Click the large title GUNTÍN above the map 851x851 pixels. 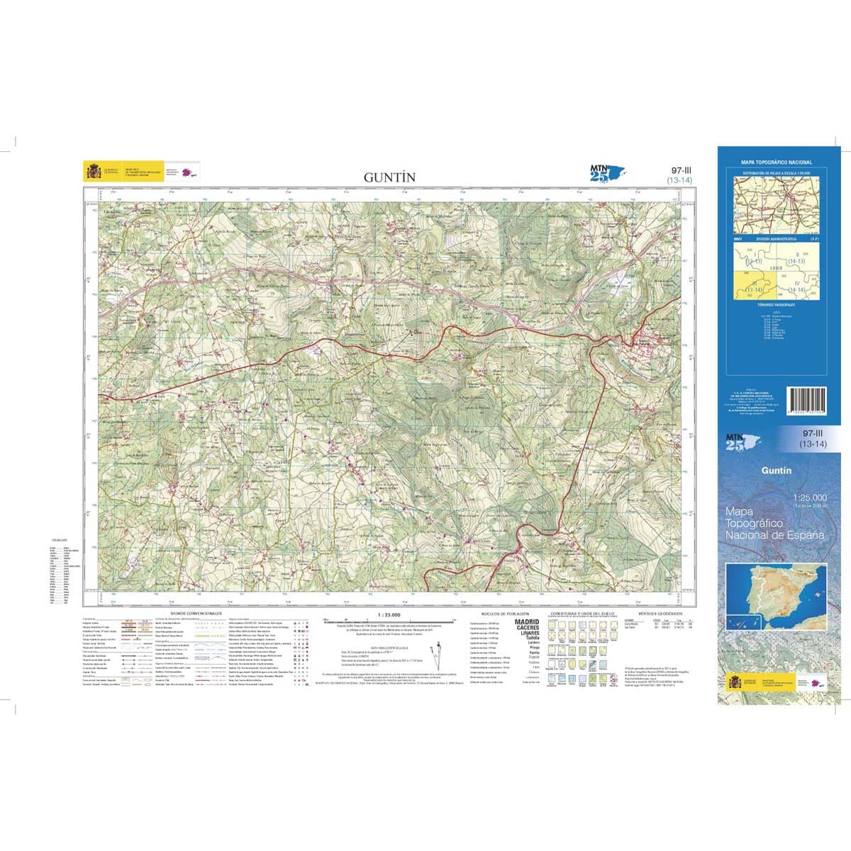click(x=390, y=177)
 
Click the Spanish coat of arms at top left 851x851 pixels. click(x=93, y=172)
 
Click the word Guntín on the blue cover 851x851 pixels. click(x=777, y=470)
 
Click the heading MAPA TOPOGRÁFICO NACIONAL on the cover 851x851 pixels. click(x=777, y=163)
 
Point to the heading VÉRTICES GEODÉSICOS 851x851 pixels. click(x=660, y=613)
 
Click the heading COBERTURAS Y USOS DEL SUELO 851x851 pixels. click(x=582, y=613)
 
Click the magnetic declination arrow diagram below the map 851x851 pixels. click(x=434, y=650)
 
